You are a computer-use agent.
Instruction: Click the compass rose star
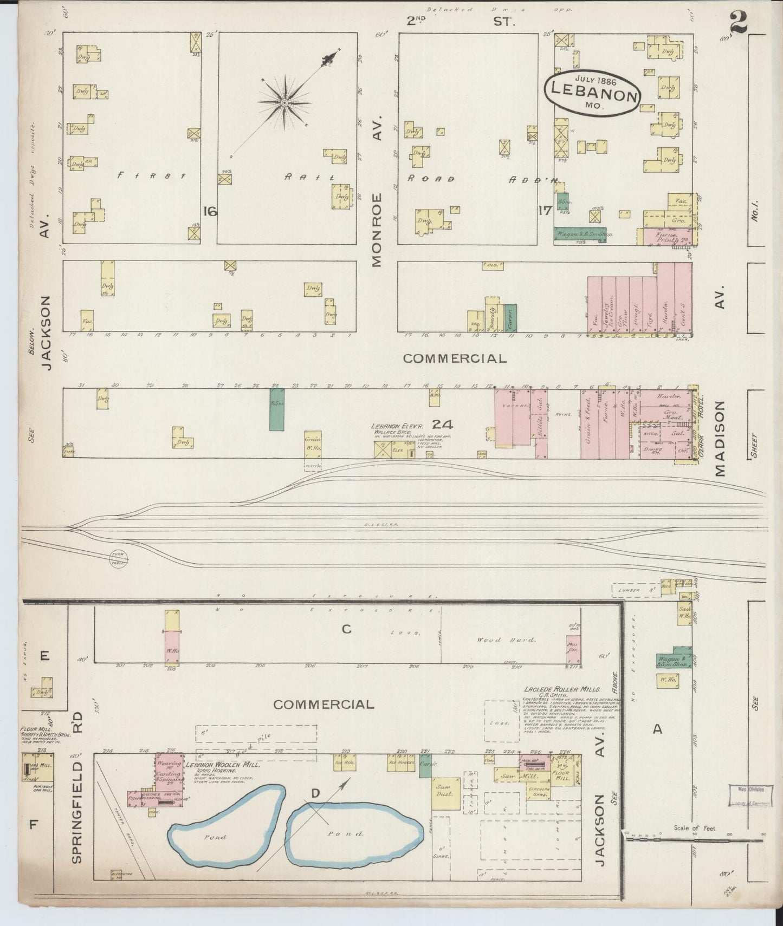click(284, 102)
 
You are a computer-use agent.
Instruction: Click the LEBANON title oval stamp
click(592, 93)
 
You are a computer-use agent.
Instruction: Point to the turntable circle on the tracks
click(118, 558)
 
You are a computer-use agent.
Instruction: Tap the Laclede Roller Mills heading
click(562, 689)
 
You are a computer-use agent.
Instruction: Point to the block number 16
click(210, 211)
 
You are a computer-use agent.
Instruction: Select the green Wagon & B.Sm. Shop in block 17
click(579, 234)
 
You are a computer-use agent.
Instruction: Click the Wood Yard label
click(506, 640)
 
